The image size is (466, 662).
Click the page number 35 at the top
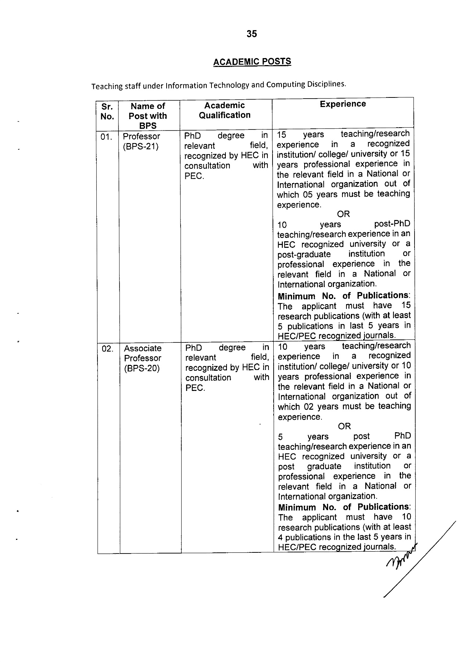(252, 34)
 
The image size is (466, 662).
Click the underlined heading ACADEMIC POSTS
(252, 62)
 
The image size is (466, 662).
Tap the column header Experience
(343, 104)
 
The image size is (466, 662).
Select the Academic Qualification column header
(224, 110)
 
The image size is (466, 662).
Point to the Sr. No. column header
(107, 111)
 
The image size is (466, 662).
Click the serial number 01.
(106, 137)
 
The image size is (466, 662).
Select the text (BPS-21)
(140, 146)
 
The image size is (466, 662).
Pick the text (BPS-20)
(142, 368)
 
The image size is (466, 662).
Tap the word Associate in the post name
(143, 348)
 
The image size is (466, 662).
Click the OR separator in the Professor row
(343, 214)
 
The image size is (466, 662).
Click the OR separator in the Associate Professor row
(344, 426)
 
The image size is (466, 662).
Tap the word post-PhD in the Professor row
(392, 224)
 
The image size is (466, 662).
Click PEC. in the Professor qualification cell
(194, 176)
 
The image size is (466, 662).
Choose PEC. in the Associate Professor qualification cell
(195, 388)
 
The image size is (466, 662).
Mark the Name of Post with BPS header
(148, 116)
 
